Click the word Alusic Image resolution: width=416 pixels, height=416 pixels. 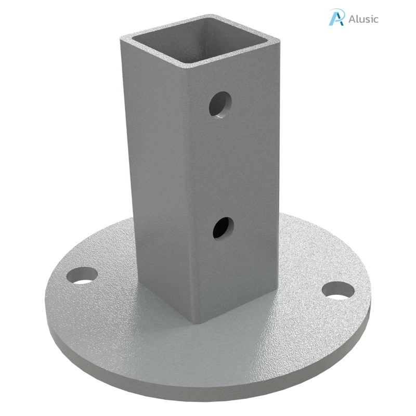point(363,19)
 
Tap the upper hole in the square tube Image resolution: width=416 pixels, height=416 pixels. point(220,103)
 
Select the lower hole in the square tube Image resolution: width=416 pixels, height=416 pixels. point(223,227)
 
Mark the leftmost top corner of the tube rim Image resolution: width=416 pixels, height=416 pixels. point(122,39)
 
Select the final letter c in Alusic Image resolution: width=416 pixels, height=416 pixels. point(376,20)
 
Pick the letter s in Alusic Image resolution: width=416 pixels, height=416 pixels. point(367,20)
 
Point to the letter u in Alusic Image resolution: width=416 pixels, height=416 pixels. point(361,20)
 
